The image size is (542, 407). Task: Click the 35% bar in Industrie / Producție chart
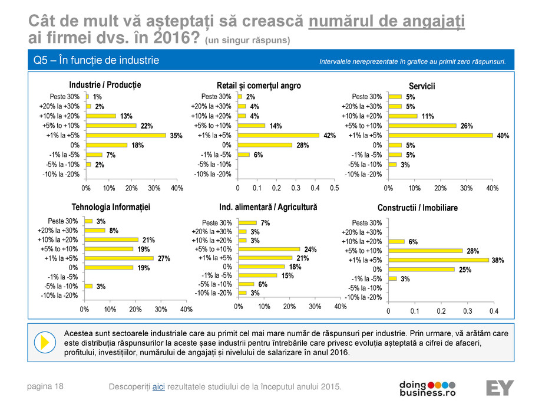click(x=125, y=135)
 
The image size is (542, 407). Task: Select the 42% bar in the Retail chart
click(x=278, y=135)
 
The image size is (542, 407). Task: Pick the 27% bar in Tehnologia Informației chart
click(x=118, y=258)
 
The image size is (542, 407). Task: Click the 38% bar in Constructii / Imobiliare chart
click(x=438, y=260)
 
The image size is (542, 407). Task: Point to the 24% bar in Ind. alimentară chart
click(x=269, y=249)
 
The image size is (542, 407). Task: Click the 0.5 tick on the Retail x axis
click(x=334, y=188)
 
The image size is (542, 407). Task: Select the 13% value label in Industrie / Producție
click(x=125, y=116)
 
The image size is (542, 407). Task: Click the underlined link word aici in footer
click(x=158, y=386)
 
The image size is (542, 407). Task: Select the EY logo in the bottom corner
click(x=500, y=388)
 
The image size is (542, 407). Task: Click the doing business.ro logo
click(x=428, y=387)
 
